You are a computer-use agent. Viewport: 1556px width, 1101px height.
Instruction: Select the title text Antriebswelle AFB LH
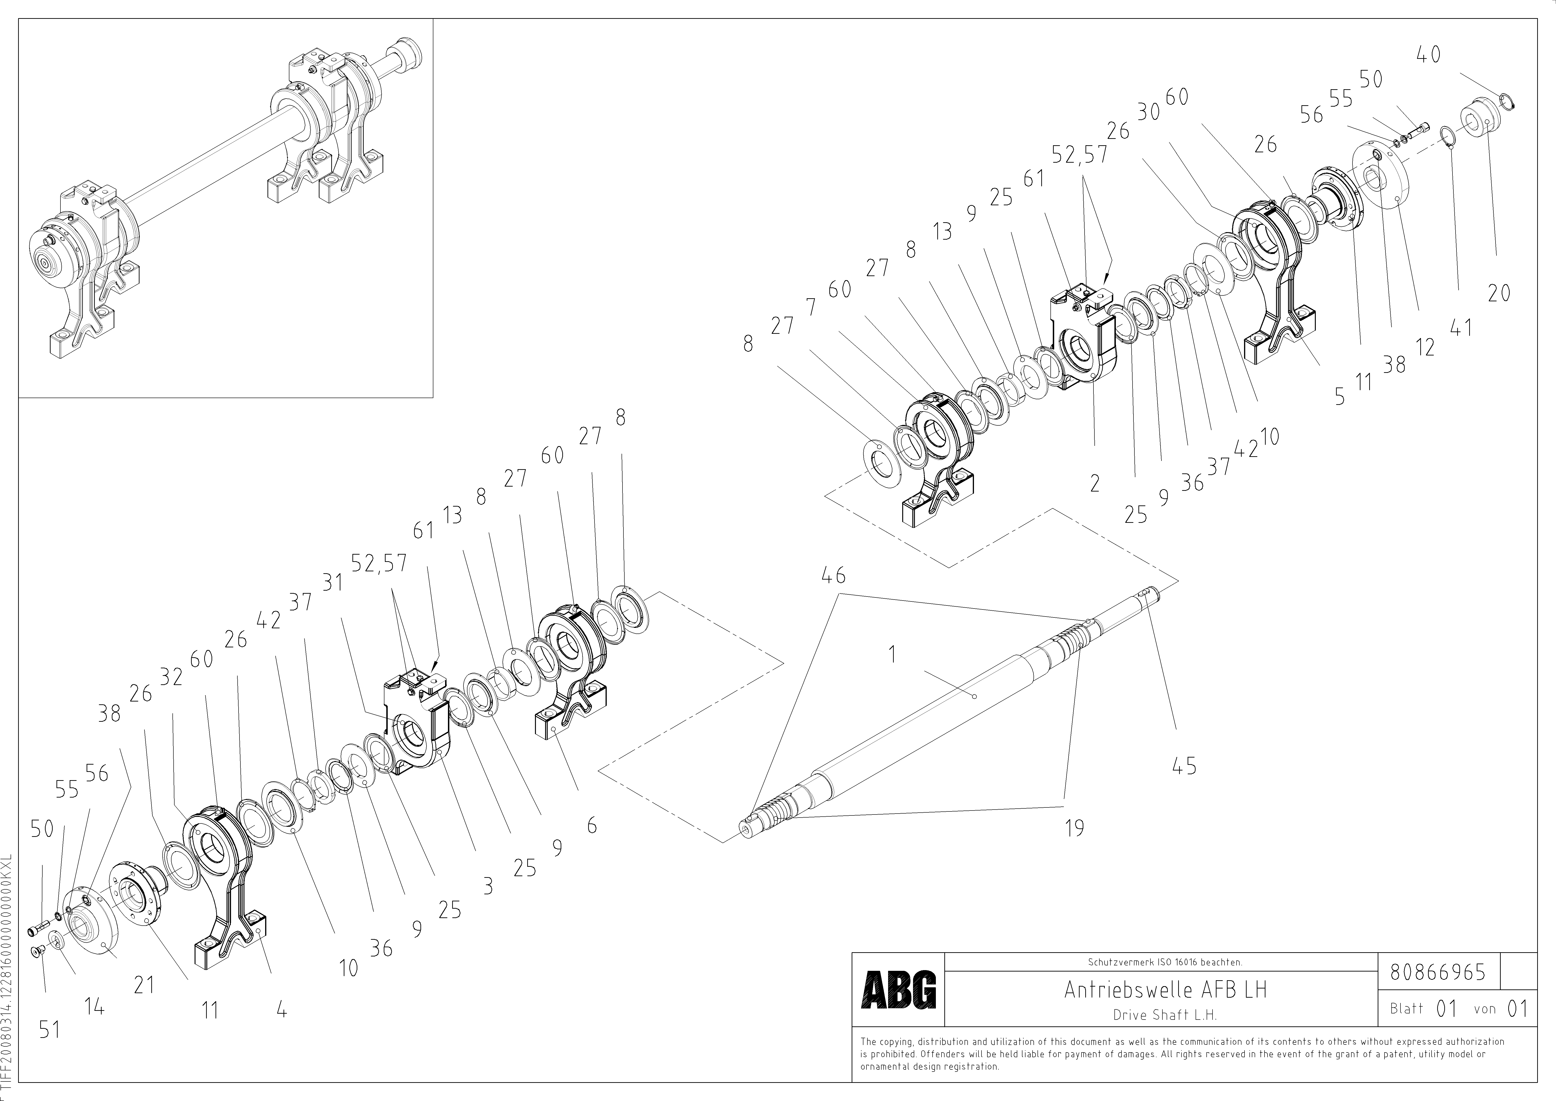(x=1165, y=990)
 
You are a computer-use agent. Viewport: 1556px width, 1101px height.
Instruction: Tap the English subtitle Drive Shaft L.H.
(x=1165, y=1015)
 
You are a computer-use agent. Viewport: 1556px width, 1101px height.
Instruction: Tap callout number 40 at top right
(x=1428, y=55)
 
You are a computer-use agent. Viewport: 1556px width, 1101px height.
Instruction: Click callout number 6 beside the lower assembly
(x=592, y=825)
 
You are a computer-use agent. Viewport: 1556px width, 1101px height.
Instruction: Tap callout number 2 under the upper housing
(x=1094, y=483)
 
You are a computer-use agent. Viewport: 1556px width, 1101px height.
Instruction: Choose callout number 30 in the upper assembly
(x=1148, y=112)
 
